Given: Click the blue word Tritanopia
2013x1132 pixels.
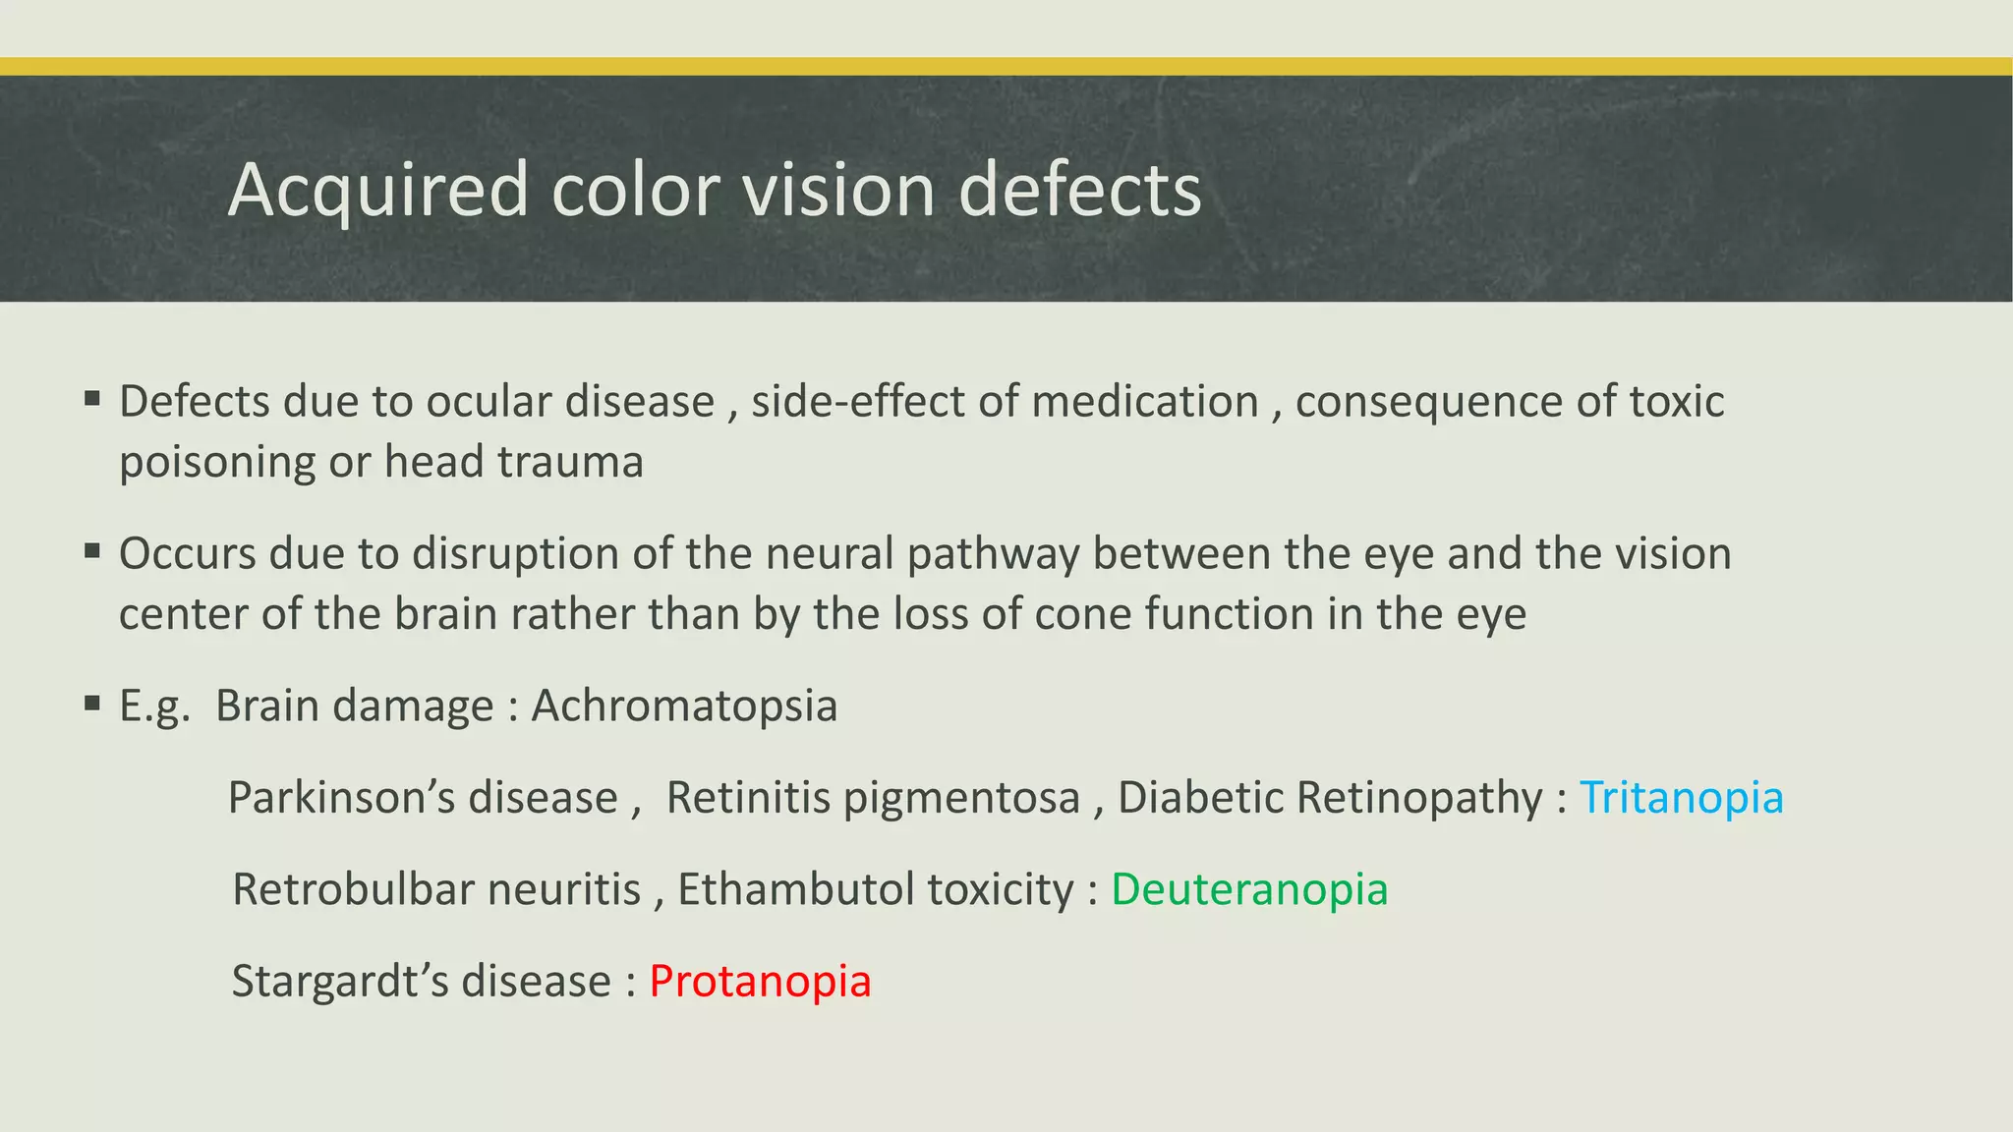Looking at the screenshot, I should tap(1681, 797).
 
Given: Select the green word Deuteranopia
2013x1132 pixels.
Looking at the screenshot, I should tap(1249, 889).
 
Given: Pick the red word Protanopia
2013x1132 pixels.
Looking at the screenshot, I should tap(760, 981).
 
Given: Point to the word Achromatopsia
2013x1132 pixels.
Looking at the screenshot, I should tap(684, 706).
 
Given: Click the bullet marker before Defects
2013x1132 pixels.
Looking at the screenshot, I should tap(92, 398).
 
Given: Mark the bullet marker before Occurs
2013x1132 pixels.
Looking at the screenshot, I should tap(92, 550).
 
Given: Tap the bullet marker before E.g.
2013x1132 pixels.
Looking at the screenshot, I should tap(92, 703).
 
